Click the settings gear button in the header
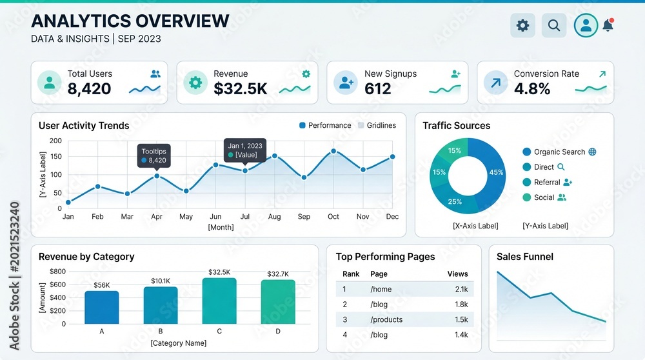(x=522, y=26)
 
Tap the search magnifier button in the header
(x=553, y=26)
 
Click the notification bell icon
(x=608, y=25)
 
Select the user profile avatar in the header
(x=586, y=26)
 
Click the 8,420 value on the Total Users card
(x=89, y=89)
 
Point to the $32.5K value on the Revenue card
(x=240, y=89)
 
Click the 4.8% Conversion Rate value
(x=532, y=89)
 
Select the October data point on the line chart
(x=333, y=152)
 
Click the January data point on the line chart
(x=68, y=202)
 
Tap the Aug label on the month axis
(x=274, y=216)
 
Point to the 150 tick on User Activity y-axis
(x=56, y=156)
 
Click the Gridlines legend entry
(x=377, y=126)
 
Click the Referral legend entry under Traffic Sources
(x=547, y=183)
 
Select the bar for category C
(x=219, y=301)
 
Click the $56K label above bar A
(x=102, y=285)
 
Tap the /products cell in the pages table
(x=386, y=320)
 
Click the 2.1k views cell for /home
(x=462, y=289)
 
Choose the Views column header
(x=457, y=274)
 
